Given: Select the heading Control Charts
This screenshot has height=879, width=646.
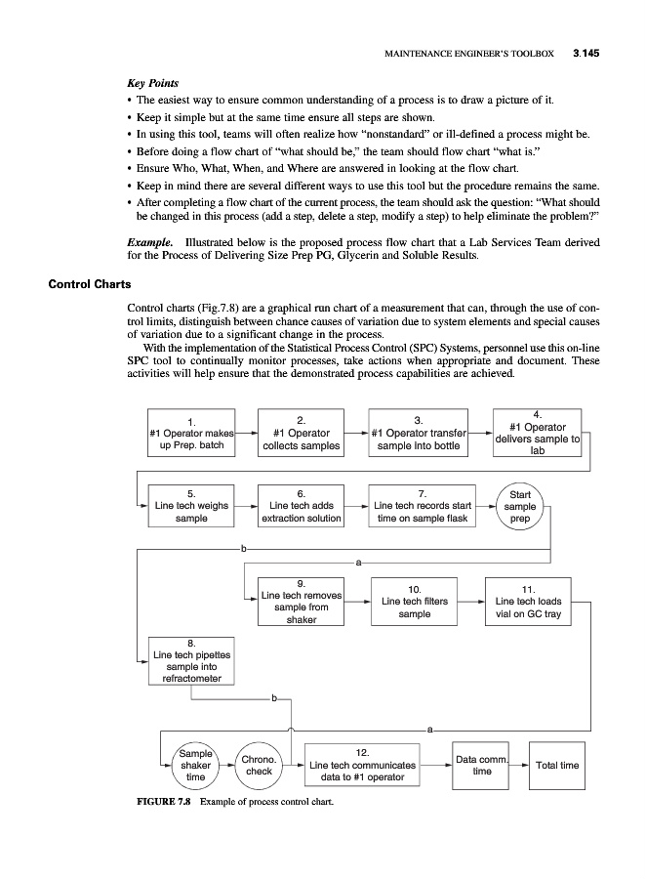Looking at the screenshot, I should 89,284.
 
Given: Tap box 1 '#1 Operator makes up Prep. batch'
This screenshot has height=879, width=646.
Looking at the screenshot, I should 191,433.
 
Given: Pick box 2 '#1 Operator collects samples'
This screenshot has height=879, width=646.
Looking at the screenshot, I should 302,433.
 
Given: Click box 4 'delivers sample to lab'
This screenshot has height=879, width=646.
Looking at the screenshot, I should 538,433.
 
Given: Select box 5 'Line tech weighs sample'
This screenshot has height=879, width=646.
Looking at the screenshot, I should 191,506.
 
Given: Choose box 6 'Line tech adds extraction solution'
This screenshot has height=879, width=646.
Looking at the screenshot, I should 302,506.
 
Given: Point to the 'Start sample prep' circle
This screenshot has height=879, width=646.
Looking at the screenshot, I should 520,507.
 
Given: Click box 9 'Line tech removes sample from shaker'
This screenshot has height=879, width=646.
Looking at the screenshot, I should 302,601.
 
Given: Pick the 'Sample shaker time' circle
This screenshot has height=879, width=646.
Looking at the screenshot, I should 195,765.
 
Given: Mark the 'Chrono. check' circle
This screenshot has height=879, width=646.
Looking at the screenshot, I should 259,765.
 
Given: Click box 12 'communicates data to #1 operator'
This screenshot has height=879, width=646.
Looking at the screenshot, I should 362,765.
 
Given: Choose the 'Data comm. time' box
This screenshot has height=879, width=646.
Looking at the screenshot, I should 481,765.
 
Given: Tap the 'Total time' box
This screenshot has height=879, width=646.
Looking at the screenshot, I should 557,765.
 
